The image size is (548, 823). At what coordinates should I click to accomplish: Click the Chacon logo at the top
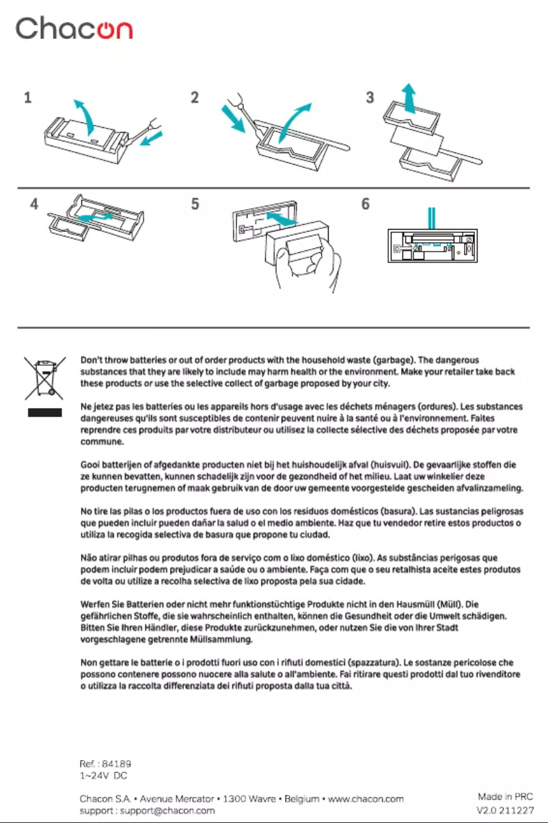74,29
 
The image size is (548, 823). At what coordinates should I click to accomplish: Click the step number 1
27,98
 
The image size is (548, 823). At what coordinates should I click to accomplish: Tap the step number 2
195,98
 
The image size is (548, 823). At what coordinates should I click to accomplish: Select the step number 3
370,98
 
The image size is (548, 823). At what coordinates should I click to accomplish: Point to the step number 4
35,204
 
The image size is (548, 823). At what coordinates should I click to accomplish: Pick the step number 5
195,204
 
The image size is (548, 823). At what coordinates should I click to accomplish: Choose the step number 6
366,204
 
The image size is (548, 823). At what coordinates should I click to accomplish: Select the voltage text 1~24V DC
103,775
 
